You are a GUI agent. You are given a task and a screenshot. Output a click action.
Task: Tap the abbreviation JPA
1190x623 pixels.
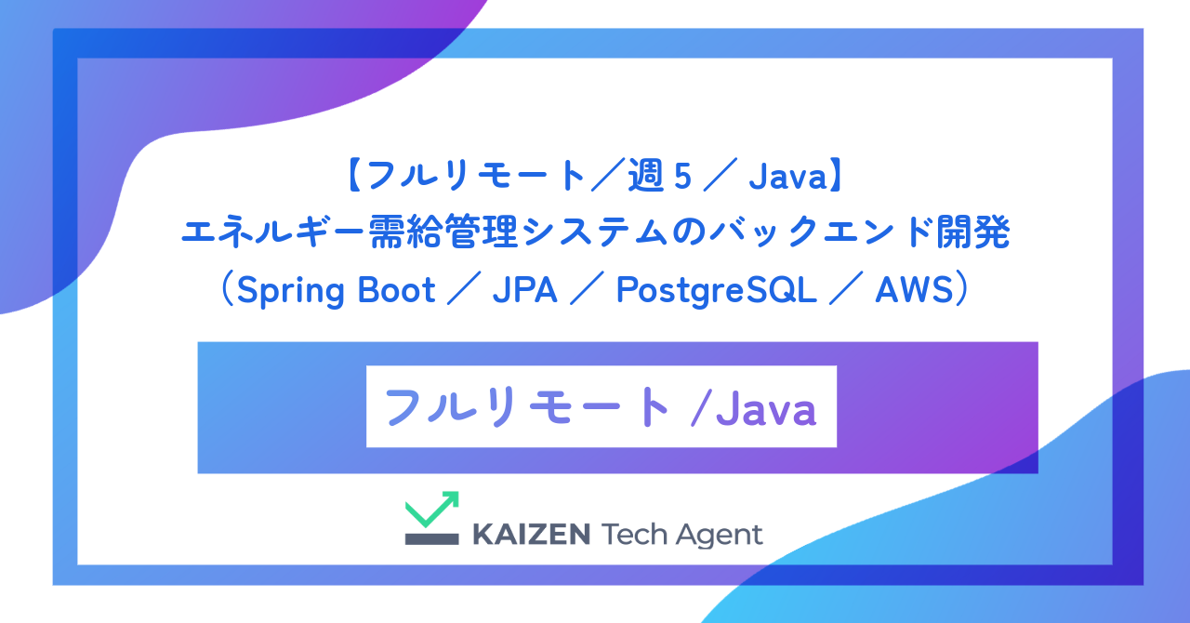[524, 290]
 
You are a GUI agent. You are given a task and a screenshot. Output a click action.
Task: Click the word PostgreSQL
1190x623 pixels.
[716, 291]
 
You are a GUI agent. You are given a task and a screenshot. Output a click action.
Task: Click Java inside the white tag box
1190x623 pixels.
[767, 408]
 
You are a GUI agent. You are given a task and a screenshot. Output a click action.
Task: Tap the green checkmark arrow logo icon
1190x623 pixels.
[432, 510]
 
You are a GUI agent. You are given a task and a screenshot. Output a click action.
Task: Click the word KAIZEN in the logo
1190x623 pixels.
[531, 535]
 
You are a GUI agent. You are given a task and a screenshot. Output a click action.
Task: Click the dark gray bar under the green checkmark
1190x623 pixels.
[432, 537]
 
